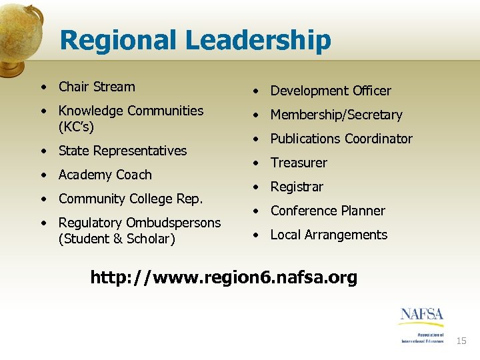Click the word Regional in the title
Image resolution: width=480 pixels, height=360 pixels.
click(x=119, y=41)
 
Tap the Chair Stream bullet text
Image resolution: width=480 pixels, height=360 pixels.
click(x=97, y=87)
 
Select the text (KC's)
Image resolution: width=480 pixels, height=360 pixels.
click(x=77, y=126)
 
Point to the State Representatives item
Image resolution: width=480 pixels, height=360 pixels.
click(x=123, y=151)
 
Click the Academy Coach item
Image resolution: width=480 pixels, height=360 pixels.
click(x=105, y=175)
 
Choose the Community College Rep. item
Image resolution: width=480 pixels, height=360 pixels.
click(x=131, y=199)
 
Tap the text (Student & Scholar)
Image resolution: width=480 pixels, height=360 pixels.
click(x=117, y=239)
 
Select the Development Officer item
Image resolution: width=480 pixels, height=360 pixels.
click(x=331, y=91)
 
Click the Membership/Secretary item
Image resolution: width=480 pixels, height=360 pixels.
click(x=336, y=115)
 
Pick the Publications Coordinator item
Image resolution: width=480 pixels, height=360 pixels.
click(x=341, y=139)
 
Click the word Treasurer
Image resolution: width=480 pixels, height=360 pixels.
click(x=299, y=163)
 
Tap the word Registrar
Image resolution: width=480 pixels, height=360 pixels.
click(x=297, y=187)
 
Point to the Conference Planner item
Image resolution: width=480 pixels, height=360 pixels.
click(x=327, y=211)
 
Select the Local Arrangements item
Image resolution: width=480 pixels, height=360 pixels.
click(x=329, y=235)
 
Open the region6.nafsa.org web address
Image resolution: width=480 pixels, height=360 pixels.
click(x=224, y=277)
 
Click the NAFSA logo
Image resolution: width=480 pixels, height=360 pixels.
click(x=421, y=324)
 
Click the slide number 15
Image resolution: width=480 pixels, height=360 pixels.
click(x=461, y=341)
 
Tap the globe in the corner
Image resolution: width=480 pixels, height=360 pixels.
click(x=19, y=33)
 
